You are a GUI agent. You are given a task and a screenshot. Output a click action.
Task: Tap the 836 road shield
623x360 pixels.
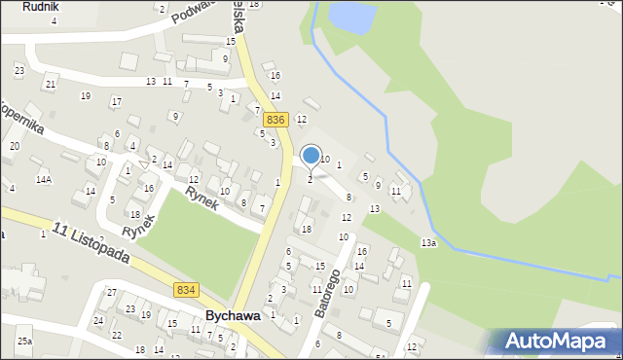click(x=275, y=119)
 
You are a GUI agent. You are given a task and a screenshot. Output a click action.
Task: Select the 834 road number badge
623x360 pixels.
click(x=187, y=290)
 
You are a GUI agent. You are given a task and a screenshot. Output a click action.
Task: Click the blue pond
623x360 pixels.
click(x=351, y=16)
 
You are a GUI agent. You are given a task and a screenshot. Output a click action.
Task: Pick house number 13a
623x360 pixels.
click(x=428, y=242)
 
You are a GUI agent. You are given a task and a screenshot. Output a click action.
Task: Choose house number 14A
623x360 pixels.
click(x=44, y=180)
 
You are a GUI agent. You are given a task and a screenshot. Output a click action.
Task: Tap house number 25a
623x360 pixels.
click(x=24, y=342)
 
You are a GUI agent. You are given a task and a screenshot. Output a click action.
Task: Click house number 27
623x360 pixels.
click(x=112, y=293)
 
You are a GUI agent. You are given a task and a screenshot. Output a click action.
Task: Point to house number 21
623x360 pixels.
click(x=51, y=85)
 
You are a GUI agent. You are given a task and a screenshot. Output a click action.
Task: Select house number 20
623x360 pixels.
click(x=14, y=146)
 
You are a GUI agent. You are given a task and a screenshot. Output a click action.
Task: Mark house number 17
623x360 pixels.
click(x=116, y=102)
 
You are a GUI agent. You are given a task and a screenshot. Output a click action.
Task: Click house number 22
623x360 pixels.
click(x=117, y=335)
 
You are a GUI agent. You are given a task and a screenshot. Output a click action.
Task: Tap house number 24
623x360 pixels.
click(x=98, y=320)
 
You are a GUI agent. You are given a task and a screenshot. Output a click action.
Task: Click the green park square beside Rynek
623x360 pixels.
click(x=204, y=238)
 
